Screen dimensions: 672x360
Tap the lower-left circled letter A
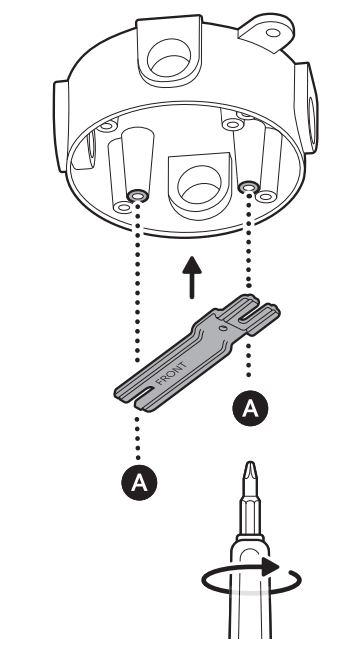pyautogui.click(x=143, y=482)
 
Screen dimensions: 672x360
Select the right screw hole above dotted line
pyautogui.click(x=249, y=187)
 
